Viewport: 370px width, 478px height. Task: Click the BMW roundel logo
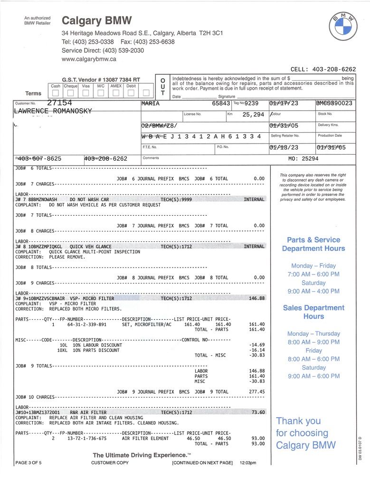[x=342, y=27]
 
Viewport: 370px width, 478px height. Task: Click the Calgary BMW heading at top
[x=97, y=21]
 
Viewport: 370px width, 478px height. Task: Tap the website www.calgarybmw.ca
[x=89, y=59]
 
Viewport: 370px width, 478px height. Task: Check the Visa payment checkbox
[x=85, y=92]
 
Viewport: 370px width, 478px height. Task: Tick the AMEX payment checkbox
[x=116, y=92]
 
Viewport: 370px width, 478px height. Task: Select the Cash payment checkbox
[x=56, y=92]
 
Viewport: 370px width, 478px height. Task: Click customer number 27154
[x=59, y=103]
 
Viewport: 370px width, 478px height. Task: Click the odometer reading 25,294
[x=253, y=114]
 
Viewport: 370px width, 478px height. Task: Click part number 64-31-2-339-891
[x=87, y=324]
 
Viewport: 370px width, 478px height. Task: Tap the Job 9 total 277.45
[x=256, y=392]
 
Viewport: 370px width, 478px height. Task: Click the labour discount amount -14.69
[x=256, y=345]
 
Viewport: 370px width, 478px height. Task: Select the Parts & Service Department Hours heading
[x=313, y=244]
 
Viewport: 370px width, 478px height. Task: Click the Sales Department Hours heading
[x=313, y=312]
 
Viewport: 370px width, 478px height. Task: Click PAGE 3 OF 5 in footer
[x=28, y=463]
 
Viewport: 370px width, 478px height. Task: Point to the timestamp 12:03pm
[x=248, y=463]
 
